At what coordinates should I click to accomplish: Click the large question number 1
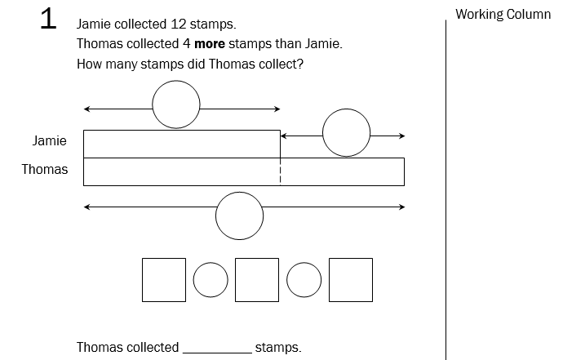click(x=48, y=20)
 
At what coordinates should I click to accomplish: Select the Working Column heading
click(x=503, y=15)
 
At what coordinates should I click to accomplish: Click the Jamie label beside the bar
click(x=50, y=141)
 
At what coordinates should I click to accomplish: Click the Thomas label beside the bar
click(x=45, y=170)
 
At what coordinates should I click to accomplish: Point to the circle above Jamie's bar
click(x=175, y=105)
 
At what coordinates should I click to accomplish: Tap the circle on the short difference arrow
click(x=347, y=133)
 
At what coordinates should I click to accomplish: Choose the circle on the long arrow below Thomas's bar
click(x=239, y=216)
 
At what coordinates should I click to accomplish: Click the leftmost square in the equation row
click(x=164, y=280)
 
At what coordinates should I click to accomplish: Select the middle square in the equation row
click(x=257, y=280)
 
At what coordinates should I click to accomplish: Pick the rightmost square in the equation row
click(x=351, y=280)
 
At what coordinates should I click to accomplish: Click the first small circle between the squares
click(x=211, y=280)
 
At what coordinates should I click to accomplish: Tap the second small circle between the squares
click(x=304, y=280)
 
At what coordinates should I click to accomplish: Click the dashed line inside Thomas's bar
click(x=281, y=172)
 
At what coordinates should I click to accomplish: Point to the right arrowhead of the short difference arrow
click(x=401, y=136)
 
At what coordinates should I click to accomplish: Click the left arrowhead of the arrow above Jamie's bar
click(x=86, y=108)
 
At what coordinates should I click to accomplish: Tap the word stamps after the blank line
click(x=278, y=348)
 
